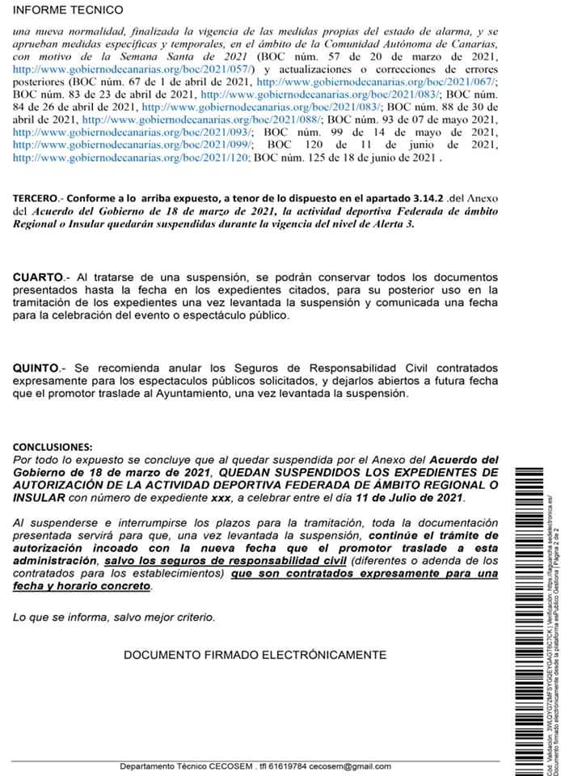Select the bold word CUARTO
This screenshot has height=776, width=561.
point(39,277)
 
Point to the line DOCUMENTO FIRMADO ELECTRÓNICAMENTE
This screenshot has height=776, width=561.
point(255,655)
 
